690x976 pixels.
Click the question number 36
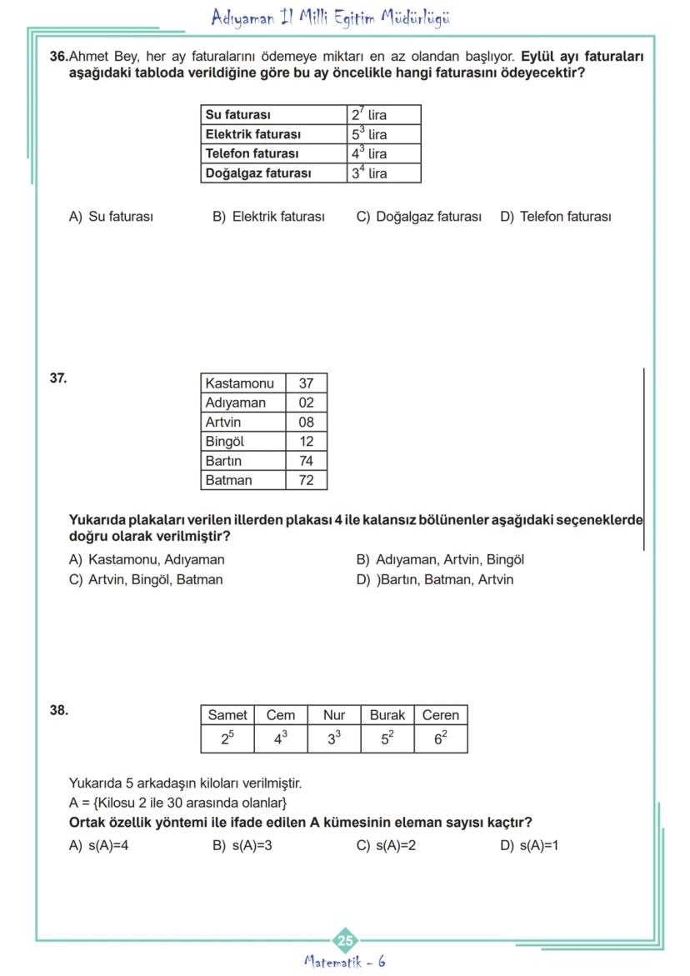coord(58,57)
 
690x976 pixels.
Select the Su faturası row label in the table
coord(238,115)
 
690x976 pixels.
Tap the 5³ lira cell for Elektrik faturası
coord(369,133)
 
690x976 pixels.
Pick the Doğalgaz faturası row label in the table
coord(258,173)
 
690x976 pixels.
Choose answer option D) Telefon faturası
coord(555,217)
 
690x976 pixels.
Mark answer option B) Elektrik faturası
coord(268,217)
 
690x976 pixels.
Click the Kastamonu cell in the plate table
coord(240,383)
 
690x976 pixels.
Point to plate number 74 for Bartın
coord(306,461)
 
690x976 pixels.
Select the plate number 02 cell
coord(306,403)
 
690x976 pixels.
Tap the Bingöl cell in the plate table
coord(225,442)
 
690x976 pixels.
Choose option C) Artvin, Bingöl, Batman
coord(146,579)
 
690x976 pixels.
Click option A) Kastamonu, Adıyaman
coord(147,560)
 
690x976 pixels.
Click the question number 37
coord(58,378)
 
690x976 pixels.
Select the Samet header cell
coord(227,715)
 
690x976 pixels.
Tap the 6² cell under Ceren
coord(441,738)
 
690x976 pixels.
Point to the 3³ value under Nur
coord(333,738)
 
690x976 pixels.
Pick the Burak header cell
coord(387,715)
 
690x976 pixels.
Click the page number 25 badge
coord(345,941)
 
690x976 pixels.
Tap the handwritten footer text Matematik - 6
coord(345,962)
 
